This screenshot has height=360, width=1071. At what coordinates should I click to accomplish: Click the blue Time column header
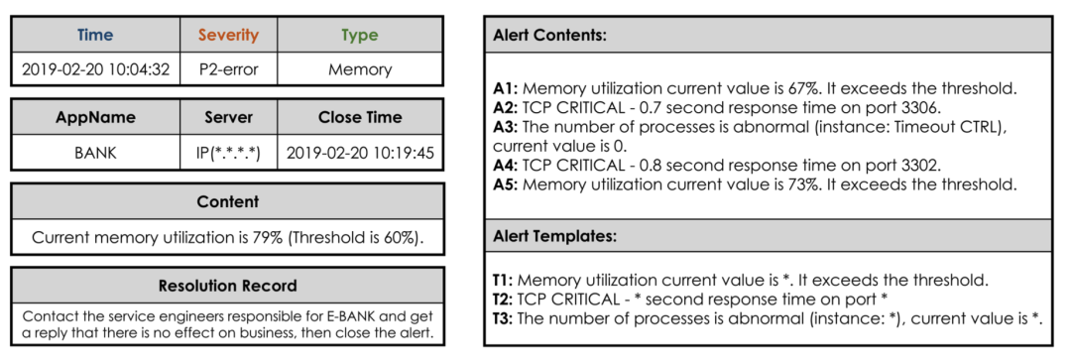(x=95, y=35)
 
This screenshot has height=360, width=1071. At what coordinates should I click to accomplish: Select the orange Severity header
(x=229, y=35)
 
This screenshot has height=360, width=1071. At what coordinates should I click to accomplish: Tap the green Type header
(x=360, y=35)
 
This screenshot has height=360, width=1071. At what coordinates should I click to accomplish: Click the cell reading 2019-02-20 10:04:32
(x=95, y=69)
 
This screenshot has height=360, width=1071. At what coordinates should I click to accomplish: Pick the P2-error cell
(x=229, y=69)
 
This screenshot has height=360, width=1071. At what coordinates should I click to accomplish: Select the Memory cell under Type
(x=360, y=69)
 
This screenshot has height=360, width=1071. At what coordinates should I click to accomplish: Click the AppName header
(x=95, y=117)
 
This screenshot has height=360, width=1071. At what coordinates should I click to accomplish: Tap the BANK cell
(x=95, y=153)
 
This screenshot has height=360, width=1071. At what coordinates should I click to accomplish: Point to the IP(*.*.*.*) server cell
(x=229, y=153)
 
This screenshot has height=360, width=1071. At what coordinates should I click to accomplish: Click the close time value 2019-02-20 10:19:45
(x=360, y=153)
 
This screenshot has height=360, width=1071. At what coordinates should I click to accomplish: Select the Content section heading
(x=227, y=201)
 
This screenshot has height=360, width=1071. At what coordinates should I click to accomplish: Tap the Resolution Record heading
(x=227, y=286)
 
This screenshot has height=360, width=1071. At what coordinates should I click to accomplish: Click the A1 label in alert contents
(x=506, y=89)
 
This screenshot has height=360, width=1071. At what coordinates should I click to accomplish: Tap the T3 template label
(x=504, y=318)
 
